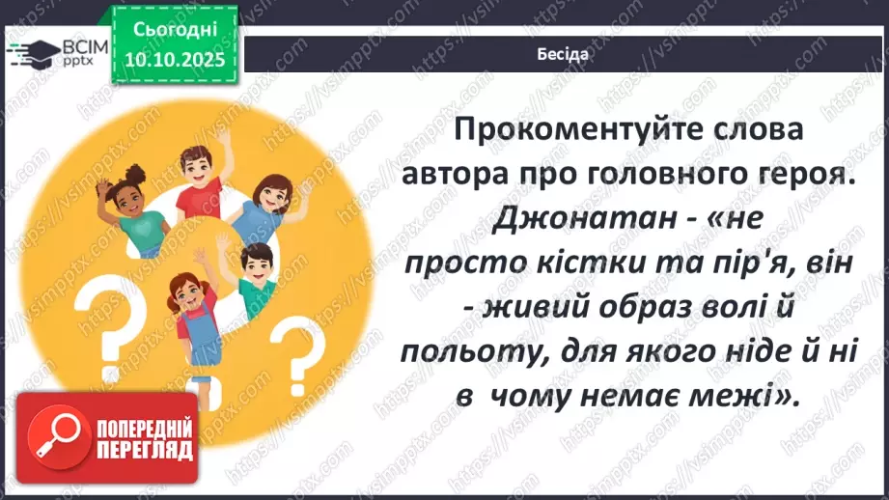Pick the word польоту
pyautogui.click(x=467, y=353)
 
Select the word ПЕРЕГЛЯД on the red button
pyautogui.click(x=145, y=451)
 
